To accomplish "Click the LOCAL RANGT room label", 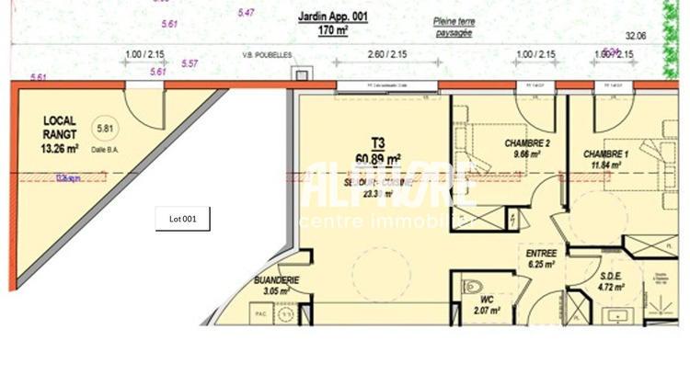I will tap(60, 126).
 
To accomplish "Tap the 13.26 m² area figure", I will tap(60, 147).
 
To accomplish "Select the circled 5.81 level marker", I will tap(108, 129).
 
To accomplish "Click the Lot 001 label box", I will tap(183, 219).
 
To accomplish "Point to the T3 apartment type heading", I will tap(378, 142).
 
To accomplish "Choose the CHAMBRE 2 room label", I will tap(527, 143).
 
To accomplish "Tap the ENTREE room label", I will tap(541, 253).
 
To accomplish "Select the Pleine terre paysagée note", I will tap(453, 25).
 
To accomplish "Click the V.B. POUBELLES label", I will tap(266, 55).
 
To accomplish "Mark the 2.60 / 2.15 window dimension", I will tap(387, 54).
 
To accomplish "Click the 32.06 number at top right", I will tap(635, 35).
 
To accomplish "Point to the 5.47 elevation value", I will tap(246, 13).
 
